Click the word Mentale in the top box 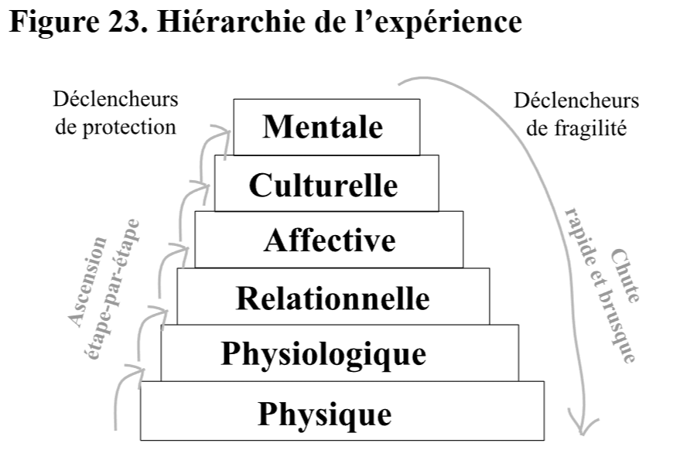[323, 127]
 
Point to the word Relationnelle [333, 297]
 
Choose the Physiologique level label [323, 354]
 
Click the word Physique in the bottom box [325, 413]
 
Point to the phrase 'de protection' [116, 127]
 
